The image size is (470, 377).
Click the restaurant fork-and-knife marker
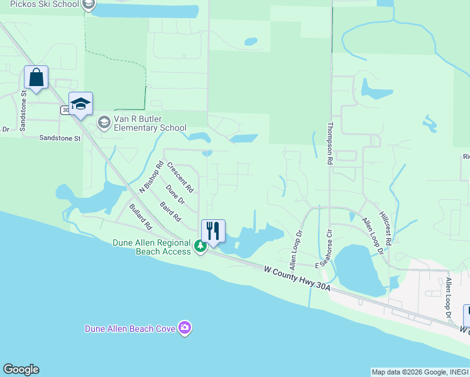[213, 231]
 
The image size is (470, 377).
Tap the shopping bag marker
[36, 78]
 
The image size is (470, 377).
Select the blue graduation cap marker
[80, 104]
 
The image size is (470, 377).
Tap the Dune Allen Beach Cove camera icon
[184, 328]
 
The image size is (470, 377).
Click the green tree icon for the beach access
[200, 246]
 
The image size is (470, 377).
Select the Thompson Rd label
[329, 143]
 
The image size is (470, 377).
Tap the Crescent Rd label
[180, 177]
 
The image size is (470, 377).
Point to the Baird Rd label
[170, 212]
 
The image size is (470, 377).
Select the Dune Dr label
[175, 195]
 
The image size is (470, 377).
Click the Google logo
[21, 369]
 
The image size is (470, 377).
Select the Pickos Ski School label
[44, 4]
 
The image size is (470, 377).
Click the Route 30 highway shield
[65, 110]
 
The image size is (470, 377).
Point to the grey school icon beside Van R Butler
[104, 123]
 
